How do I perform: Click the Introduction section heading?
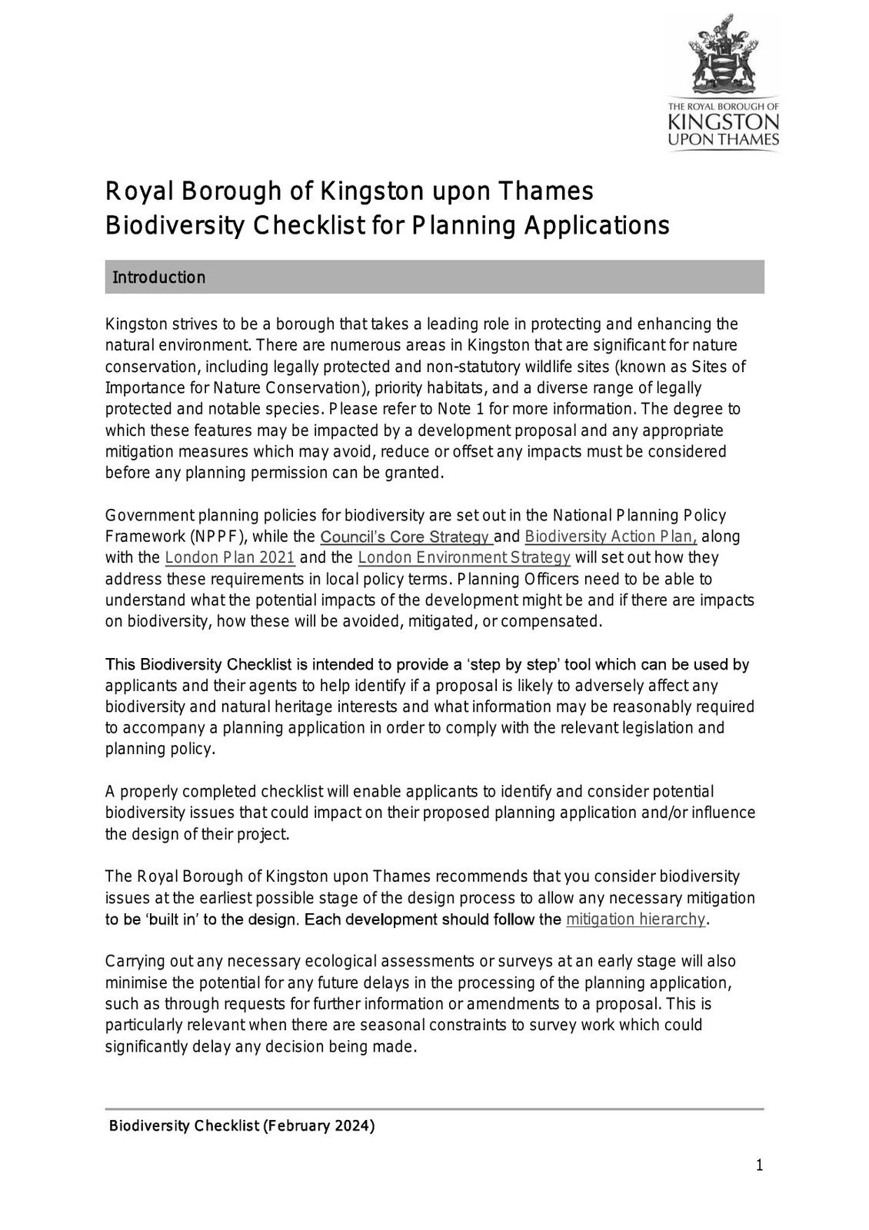[159, 278]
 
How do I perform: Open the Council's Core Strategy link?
[405, 537]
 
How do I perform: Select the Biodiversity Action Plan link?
[611, 537]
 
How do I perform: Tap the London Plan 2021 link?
[230, 557]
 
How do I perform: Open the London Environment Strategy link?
[464, 557]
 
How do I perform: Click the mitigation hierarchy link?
[635, 919]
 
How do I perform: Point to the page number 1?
[759, 1166]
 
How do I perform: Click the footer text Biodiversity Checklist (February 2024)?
[242, 1126]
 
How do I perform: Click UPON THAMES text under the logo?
[723, 140]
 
